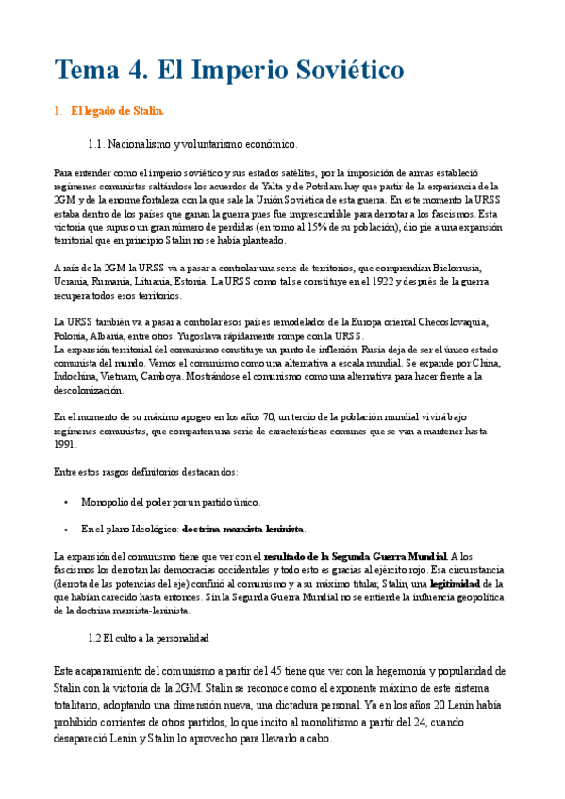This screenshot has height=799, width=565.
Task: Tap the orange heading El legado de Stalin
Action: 117,112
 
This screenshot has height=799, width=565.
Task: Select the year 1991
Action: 66,444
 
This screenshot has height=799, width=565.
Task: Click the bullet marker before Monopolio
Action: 64,502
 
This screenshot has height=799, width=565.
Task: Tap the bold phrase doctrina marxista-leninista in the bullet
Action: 243,529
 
